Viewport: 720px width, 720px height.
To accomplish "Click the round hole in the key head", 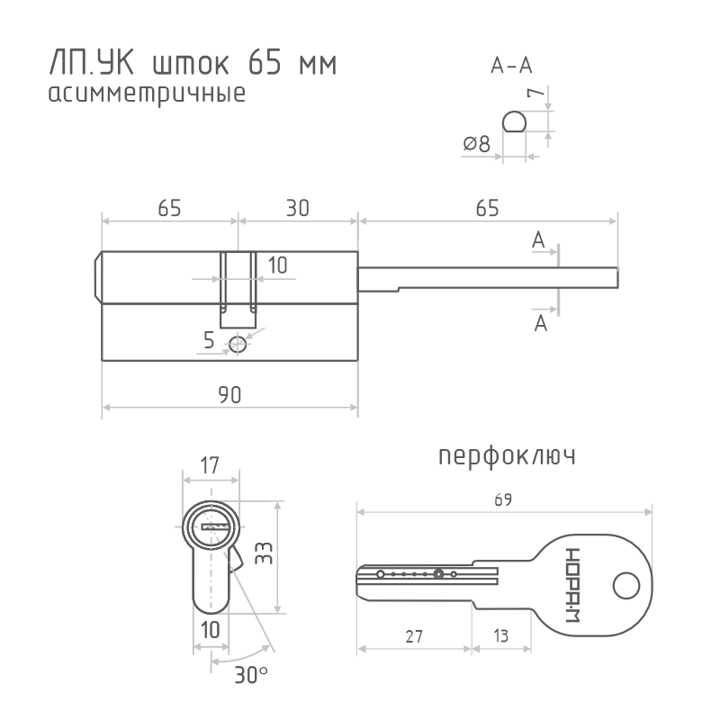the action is tap(626, 586).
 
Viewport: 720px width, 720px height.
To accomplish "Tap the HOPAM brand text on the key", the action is tap(572, 585).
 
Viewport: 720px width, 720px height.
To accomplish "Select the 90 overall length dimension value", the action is tap(229, 395).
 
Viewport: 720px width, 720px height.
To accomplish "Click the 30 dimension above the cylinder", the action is tap(298, 208).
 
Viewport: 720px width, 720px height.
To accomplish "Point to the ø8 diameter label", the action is tap(477, 144).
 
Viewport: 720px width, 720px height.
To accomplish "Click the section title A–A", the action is tap(511, 66).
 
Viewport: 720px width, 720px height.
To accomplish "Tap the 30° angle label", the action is tap(251, 674).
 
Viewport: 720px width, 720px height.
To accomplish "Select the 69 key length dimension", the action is tap(503, 499).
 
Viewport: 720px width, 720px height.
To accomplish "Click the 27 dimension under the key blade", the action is tap(414, 636).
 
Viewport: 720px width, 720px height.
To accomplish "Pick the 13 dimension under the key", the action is tap(501, 636).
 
